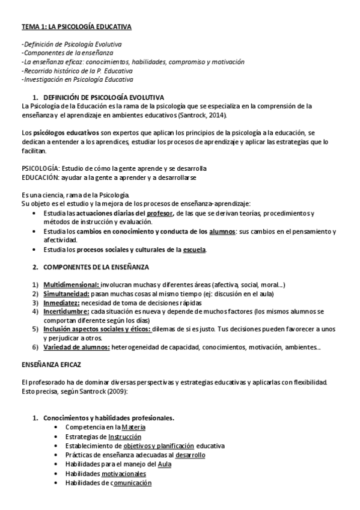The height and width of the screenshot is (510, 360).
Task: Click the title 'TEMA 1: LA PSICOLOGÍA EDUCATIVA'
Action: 76,27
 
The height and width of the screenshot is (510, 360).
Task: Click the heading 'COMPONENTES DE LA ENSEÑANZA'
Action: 96,266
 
